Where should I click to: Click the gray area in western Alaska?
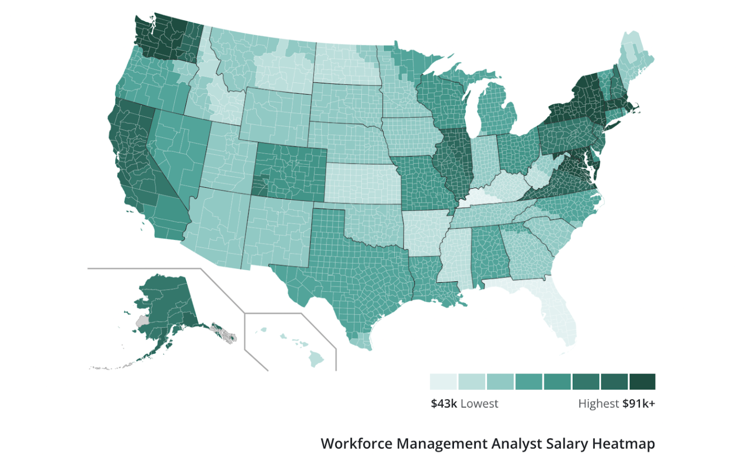(142, 321)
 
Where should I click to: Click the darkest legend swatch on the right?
(642, 382)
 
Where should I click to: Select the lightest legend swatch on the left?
(443, 382)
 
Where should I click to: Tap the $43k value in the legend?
(444, 404)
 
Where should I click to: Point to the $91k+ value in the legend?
(639, 404)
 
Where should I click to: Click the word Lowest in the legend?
(479, 404)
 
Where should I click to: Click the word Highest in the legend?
(598, 404)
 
